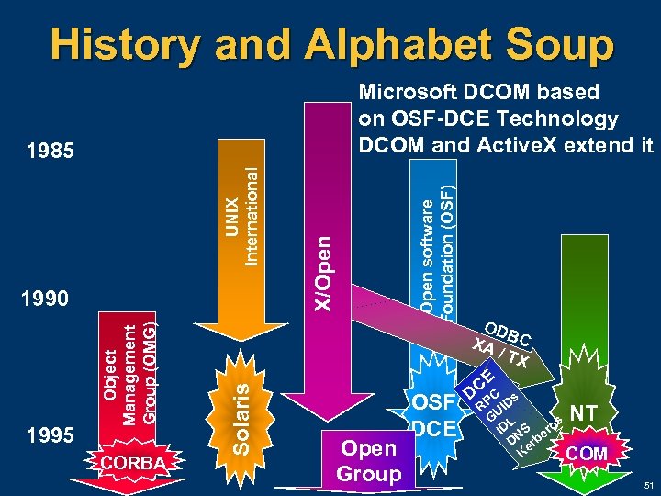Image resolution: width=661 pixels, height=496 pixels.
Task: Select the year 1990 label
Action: click(x=45, y=299)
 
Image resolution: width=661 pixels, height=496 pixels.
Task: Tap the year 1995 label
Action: click(x=45, y=435)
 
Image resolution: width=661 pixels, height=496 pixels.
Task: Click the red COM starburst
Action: click(x=588, y=454)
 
